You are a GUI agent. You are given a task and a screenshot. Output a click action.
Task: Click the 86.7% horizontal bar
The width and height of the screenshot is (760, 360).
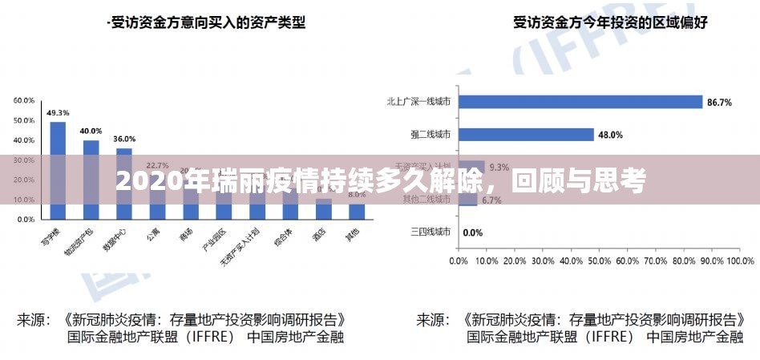(580, 102)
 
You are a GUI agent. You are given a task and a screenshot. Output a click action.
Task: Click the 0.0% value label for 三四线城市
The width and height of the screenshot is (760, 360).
(473, 233)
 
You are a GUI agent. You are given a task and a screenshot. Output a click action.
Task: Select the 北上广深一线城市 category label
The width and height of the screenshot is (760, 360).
(418, 102)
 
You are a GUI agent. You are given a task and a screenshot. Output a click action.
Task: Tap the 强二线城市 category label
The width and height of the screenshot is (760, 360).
(431, 135)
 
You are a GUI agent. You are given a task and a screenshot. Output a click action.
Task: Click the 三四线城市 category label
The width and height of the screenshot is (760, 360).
(431, 233)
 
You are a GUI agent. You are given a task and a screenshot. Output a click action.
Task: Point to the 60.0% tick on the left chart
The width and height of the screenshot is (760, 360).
(23, 100)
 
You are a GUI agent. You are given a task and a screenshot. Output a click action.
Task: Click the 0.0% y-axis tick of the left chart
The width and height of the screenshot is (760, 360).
(26, 218)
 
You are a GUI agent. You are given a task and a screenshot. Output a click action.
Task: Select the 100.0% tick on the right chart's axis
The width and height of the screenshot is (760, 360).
(742, 261)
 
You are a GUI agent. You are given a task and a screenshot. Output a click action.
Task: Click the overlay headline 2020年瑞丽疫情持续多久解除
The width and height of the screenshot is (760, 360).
(380, 182)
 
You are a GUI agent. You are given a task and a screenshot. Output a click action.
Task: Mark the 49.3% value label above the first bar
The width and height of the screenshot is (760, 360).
(58, 113)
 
